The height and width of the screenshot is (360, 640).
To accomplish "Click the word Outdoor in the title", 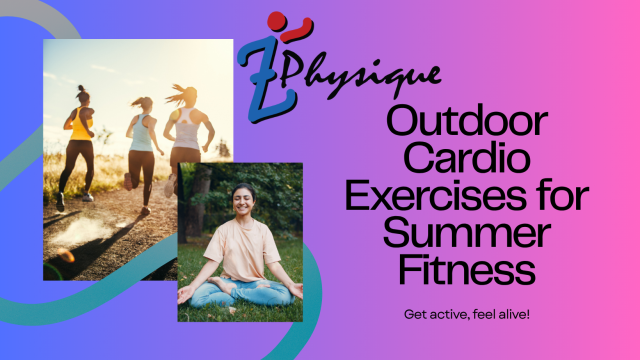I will coord(466,122).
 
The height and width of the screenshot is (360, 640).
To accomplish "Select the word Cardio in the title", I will coord(466,159).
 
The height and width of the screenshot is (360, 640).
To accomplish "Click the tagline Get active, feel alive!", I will coord(466,315).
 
